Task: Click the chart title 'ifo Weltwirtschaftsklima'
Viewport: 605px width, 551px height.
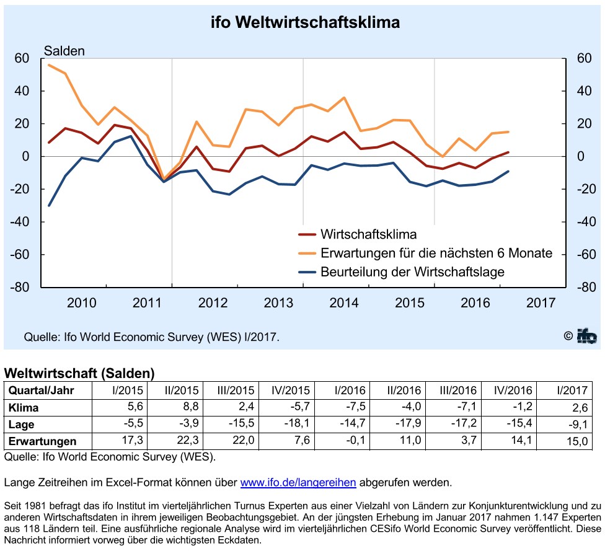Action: click(305, 22)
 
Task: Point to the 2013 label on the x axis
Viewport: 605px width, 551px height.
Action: click(278, 303)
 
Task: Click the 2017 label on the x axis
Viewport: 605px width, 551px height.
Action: click(541, 303)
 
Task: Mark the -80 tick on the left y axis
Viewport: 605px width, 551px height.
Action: click(20, 287)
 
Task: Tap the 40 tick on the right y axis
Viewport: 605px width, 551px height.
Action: click(584, 91)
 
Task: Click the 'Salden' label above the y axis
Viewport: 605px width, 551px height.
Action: click(64, 51)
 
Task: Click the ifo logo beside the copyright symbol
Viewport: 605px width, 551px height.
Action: click(586, 336)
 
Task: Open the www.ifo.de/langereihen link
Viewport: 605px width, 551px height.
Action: click(298, 482)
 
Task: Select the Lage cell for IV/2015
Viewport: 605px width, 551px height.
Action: click(297, 423)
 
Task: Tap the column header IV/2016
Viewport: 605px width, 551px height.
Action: click(513, 390)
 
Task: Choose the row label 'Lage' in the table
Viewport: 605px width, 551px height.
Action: click(21, 425)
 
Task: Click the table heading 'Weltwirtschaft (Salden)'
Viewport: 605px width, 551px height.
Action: click(79, 373)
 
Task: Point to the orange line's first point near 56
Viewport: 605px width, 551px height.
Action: click(49, 65)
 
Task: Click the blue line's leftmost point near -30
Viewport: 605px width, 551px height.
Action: click(49, 205)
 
